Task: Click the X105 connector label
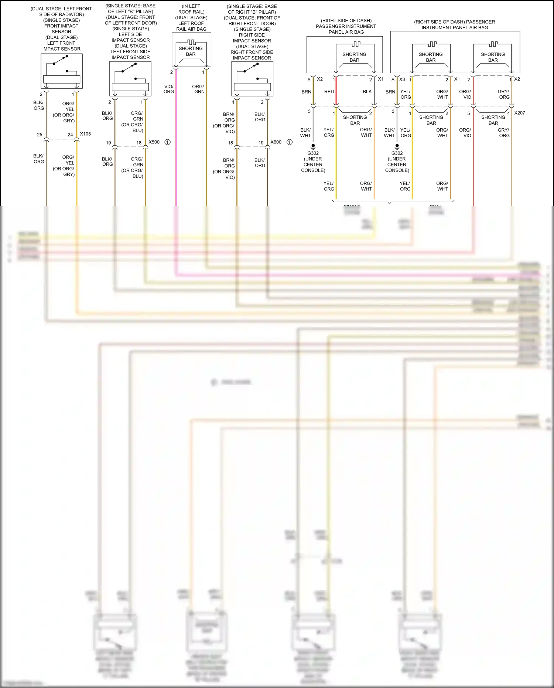(x=85, y=134)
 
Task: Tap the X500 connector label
(x=154, y=142)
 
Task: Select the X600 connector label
(x=276, y=142)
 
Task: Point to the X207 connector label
(x=519, y=113)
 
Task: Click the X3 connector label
(x=402, y=79)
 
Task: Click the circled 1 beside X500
(x=167, y=142)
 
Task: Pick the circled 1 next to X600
(x=290, y=142)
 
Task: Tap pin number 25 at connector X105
(x=40, y=135)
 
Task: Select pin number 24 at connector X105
(x=70, y=135)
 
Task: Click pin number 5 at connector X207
(x=469, y=113)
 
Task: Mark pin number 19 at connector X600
(x=261, y=143)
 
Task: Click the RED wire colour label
(x=329, y=92)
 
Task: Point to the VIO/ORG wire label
(x=169, y=89)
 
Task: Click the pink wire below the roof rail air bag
(x=176, y=148)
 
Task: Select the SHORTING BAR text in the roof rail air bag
(x=191, y=51)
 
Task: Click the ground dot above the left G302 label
(x=313, y=146)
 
